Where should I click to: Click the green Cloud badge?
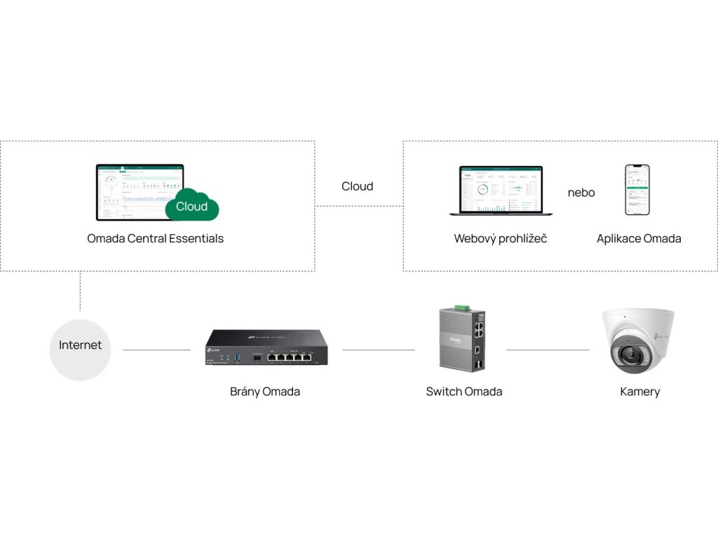pyautogui.click(x=192, y=206)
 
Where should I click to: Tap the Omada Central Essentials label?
pyautogui.click(x=155, y=238)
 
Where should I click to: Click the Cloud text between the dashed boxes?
pyautogui.click(x=358, y=186)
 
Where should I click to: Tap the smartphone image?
pyautogui.click(x=637, y=190)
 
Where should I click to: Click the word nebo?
pyautogui.click(x=581, y=193)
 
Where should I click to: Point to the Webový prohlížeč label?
pyautogui.click(x=501, y=239)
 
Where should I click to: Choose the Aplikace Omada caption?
pyautogui.click(x=639, y=239)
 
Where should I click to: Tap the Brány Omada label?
pyautogui.click(x=265, y=392)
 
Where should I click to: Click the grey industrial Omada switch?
pyautogui.click(x=464, y=340)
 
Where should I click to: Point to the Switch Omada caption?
pyautogui.click(x=464, y=392)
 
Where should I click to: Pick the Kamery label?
pyautogui.click(x=639, y=392)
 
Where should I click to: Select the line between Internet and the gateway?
pyautogui.click(x=156, y=350)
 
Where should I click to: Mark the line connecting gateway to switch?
pyautogui.click(x=379, y=350)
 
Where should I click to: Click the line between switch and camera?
pyautogui.click(x=548, y=350)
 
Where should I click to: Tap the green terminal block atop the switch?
pyautogui.click(x=461, y=308)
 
